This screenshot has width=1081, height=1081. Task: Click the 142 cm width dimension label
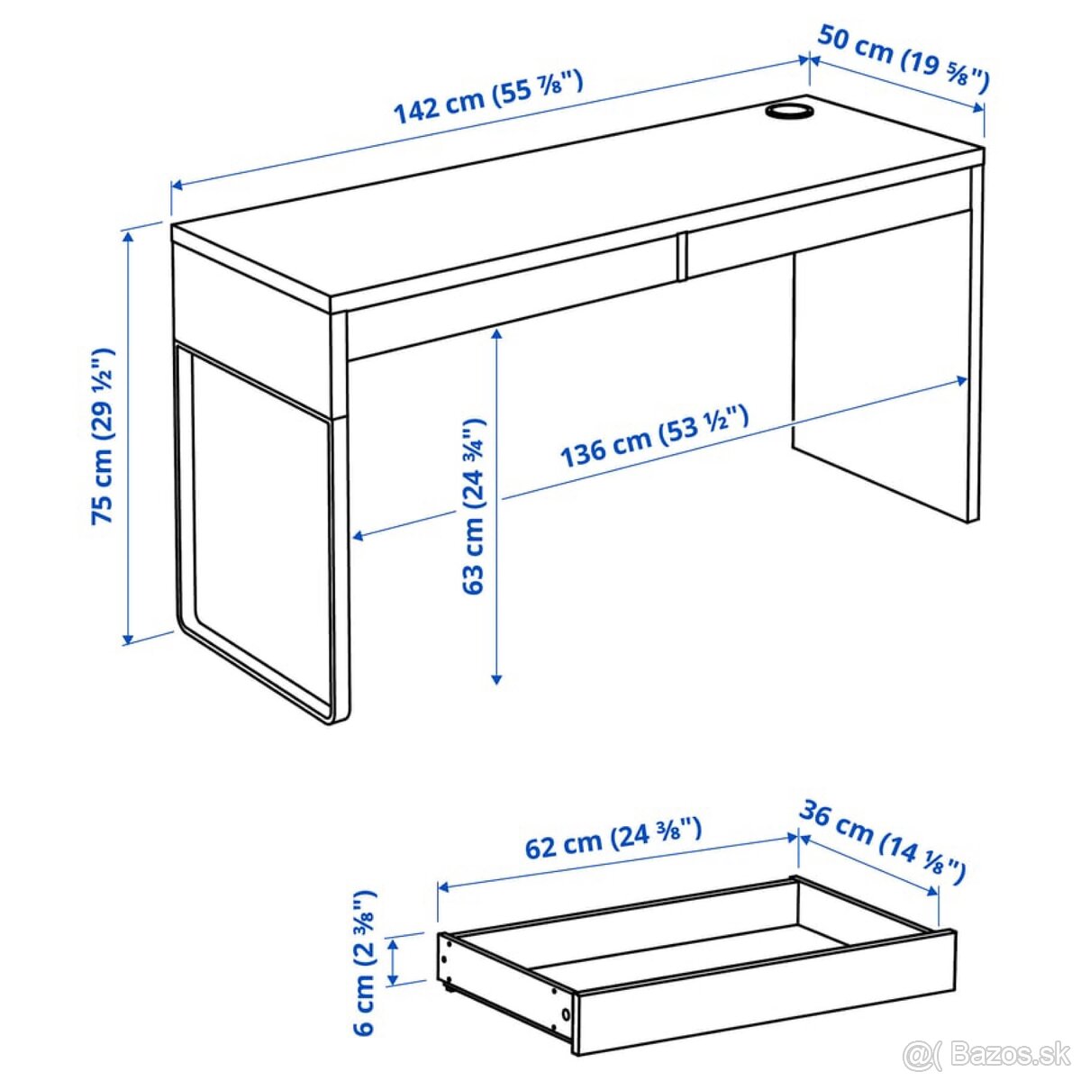pyautogui.click(x=488, y=95)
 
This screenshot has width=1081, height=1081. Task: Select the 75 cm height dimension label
pyautogui.click(x=104, y=437)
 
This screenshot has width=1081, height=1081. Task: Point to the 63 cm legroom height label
pyautogui.click(x=474, y=505)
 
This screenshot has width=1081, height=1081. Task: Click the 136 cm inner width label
pyautogui.click(x=655, y=438)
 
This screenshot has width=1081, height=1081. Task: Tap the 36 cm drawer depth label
pyautogui.click(x=882, y=842)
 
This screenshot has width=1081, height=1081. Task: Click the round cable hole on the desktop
pyautogui.click(x=789, y=111)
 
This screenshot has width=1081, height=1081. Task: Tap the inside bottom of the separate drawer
pyautogui.click(x=685, y=946)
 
